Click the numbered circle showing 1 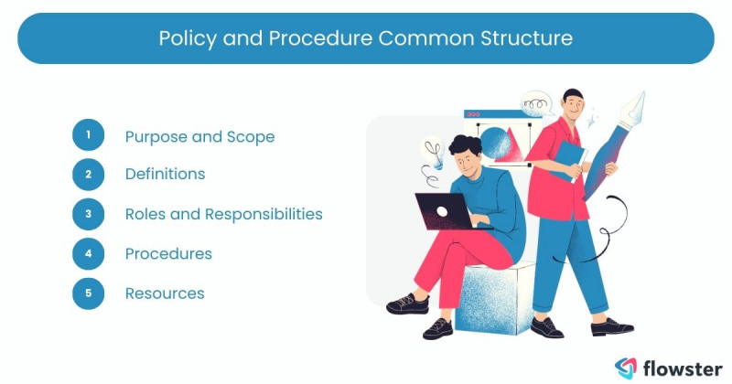(89, 136)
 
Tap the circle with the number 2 (89, 174)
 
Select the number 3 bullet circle (89, 214)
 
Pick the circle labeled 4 (89, 253)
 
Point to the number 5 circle (89, 293)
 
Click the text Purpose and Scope (199, 136)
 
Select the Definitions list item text (165, 174)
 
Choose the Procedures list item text (168, 253)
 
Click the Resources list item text (165, 293)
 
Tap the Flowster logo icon (626, 366)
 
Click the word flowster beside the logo (677, 366)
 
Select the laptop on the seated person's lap (443, 211)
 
